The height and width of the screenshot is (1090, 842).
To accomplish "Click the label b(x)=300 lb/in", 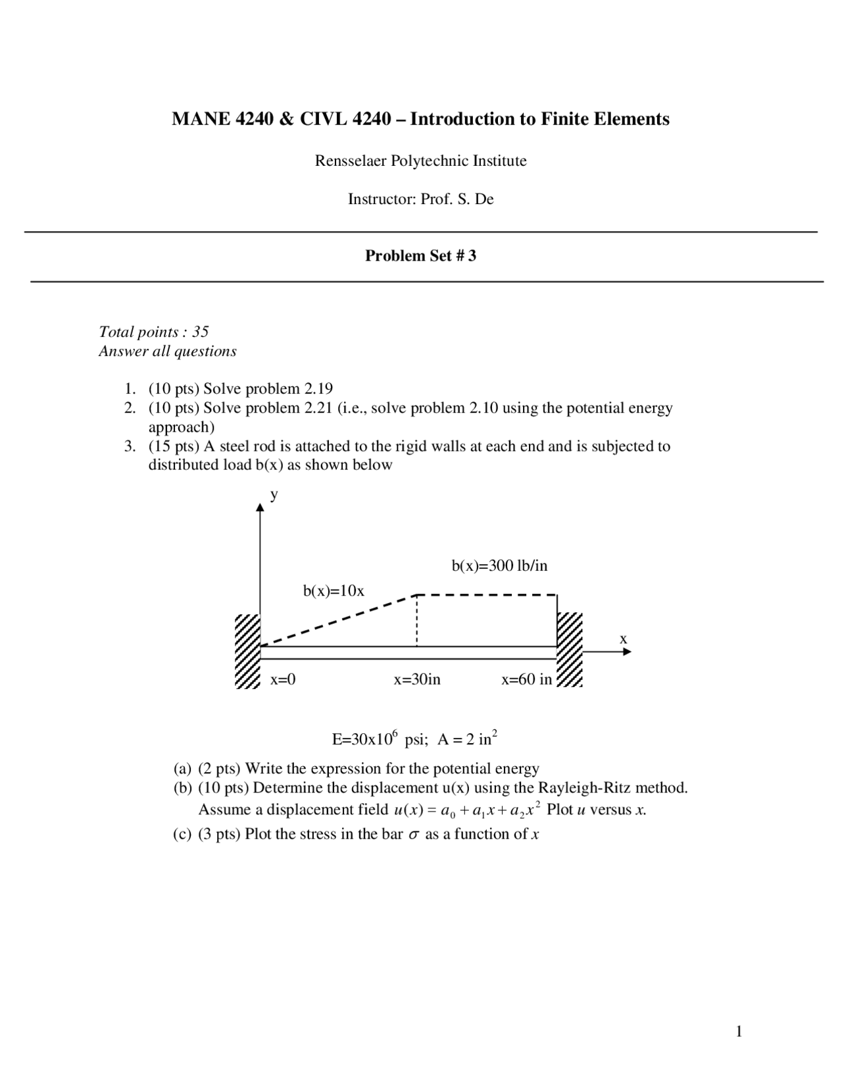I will click(x=499, y=565).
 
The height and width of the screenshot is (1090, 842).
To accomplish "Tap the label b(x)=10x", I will click(x=334, y=591).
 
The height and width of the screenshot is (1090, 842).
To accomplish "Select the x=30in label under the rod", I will click(x=417, y=679).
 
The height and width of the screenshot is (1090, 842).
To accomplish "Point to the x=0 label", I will click(x=283, y=679).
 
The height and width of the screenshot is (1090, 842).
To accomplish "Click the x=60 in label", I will click(x=526, y=679).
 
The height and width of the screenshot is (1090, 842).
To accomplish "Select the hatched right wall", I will click(x=570, y=650).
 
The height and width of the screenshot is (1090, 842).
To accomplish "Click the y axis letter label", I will click(x=274, y=494).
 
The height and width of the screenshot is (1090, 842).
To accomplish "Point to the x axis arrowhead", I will click(x=627, y=652).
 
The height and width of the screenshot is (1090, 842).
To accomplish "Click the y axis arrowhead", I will click(x=260, y=508).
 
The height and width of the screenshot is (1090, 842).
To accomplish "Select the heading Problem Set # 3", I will click(x=420, y=256).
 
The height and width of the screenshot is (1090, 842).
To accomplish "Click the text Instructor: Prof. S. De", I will click(x=420, y=199).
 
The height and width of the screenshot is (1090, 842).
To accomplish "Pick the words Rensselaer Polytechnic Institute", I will click(x=420, y=161).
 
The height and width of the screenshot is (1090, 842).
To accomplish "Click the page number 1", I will click(x=739, y=1031).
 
